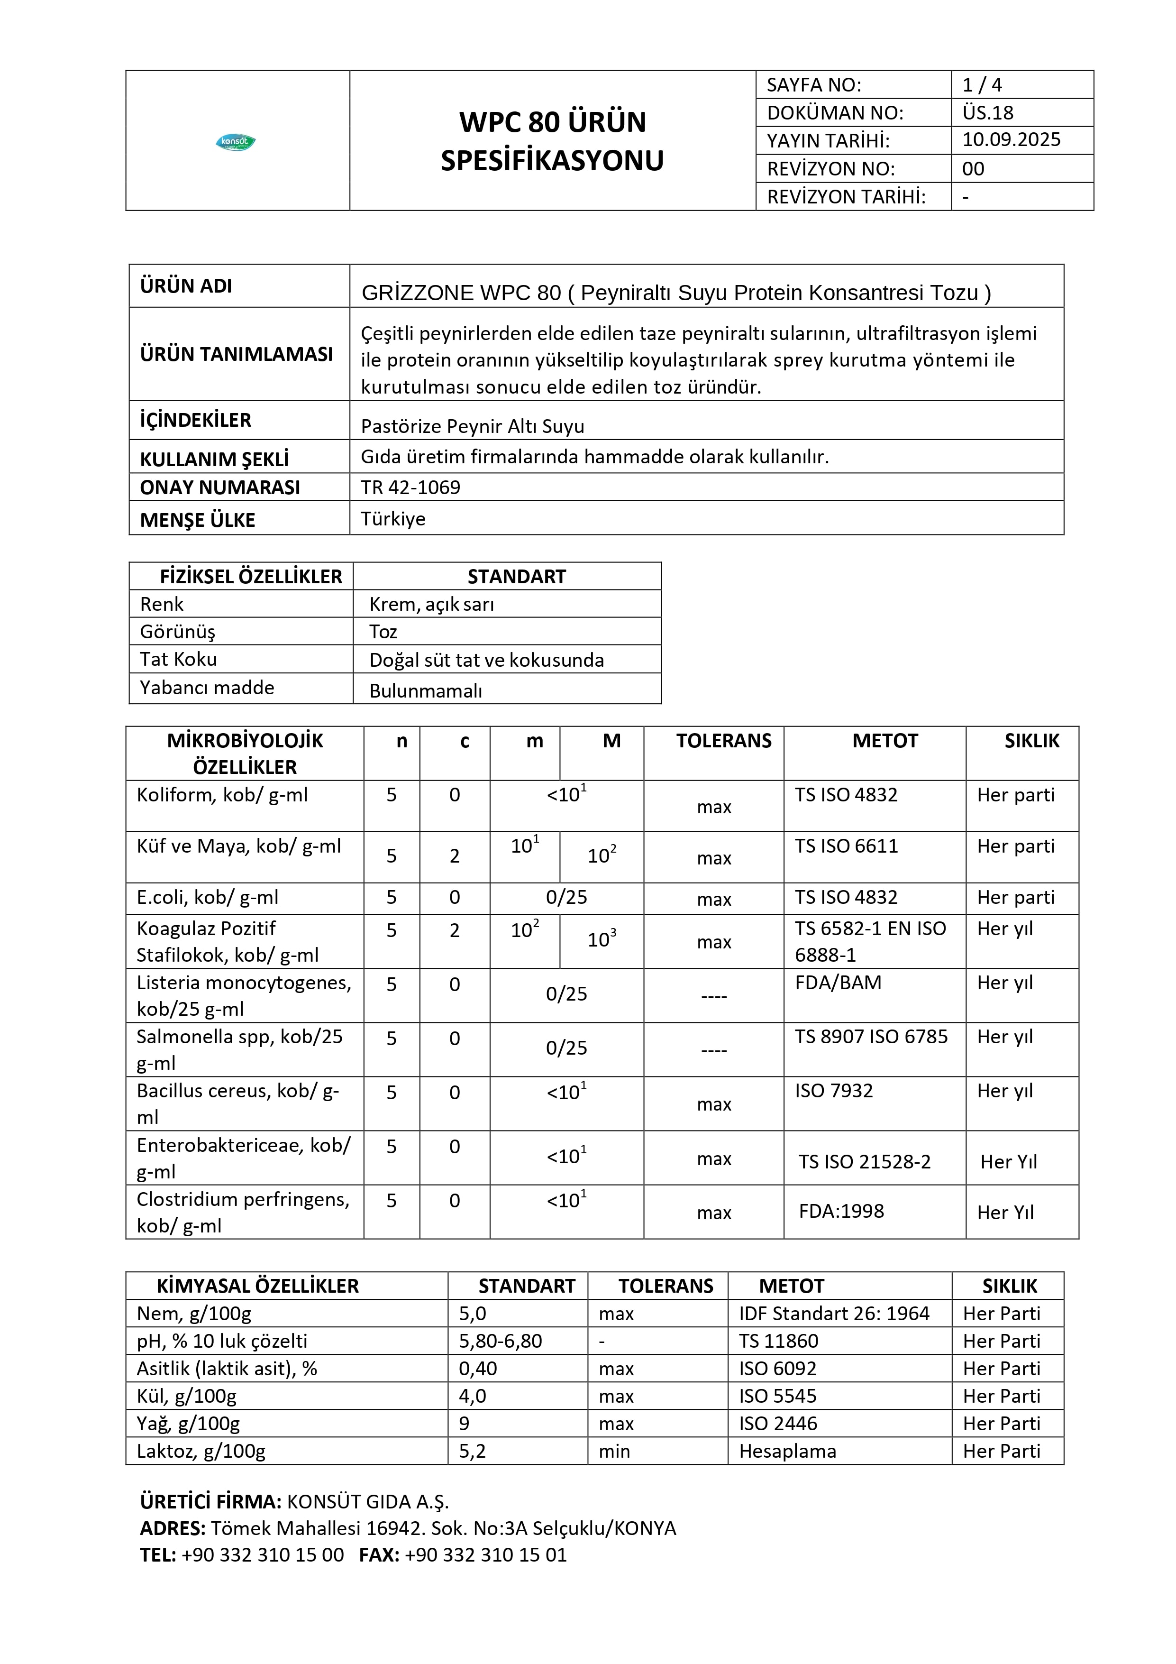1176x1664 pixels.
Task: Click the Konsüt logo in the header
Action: pyautogui.click(x=236, y=142)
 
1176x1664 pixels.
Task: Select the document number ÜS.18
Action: pyautogui.click(x=988, y=112)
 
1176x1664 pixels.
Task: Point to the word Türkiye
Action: pyautogui.click(x=393, y=519)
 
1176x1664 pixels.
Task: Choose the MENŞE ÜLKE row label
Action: pyautogui.click(x=197, y=520)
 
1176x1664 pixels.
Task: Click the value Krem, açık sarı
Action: pyautogui.click(x=431, y=605)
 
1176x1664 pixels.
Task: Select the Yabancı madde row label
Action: pyautogui.click(x=207, y=688)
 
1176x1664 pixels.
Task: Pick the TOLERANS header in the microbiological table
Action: pyautogui.click(x=723, y=741)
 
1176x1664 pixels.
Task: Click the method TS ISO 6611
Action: pyautogui.click(x=846, y=846)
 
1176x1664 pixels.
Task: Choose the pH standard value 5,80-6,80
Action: pyautogui.click(x=500, y=1342)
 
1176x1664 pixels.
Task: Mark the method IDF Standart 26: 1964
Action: pyautogui.click(x=833, y=1314)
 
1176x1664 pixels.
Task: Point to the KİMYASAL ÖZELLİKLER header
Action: pyautogui.click(x=257, y=1287)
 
